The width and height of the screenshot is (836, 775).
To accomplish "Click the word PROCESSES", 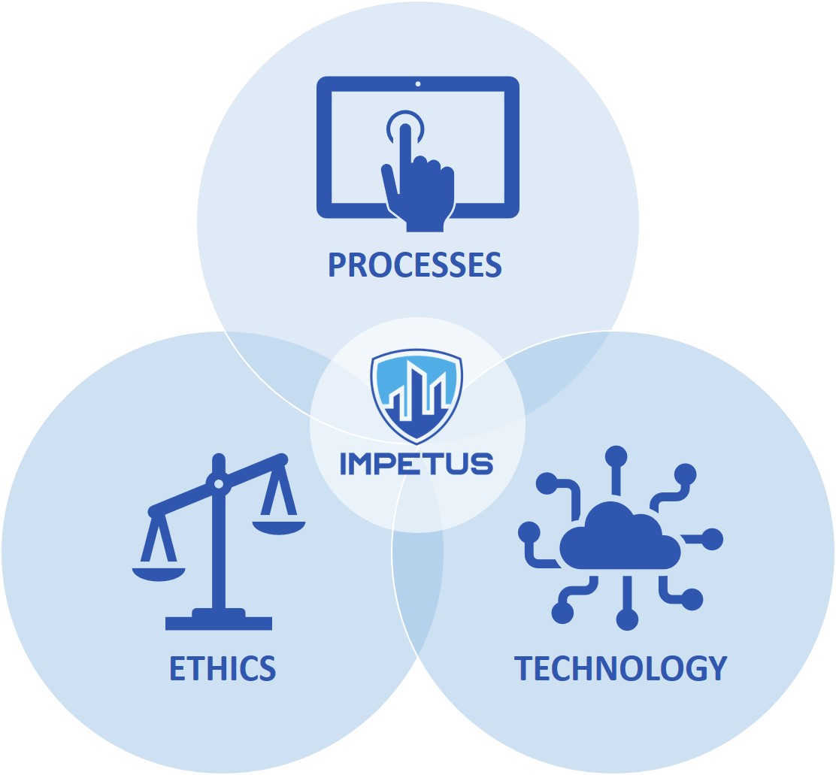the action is coord(415,265).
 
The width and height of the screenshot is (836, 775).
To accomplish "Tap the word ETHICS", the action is coord(223,668).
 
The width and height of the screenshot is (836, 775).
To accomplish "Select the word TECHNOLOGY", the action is coord(620,668).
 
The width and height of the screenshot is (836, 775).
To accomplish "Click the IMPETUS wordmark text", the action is coord(416,463).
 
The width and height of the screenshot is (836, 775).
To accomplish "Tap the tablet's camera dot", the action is coord(418,83).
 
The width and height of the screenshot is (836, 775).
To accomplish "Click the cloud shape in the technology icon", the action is coord(620,536).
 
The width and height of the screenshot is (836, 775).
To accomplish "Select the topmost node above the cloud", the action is coord(616,456).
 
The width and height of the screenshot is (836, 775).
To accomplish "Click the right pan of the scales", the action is coord(278,528).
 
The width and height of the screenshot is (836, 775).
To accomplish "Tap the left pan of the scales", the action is coord(159,574).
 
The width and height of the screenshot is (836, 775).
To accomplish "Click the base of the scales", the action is coord(219,619).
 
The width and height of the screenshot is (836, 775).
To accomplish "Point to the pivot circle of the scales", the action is coord(219,484).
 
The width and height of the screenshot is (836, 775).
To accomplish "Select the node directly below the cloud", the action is coord(627,619).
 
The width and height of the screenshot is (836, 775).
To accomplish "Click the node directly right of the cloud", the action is coord(712,539).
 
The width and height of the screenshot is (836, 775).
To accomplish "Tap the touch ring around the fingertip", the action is coord(405,127).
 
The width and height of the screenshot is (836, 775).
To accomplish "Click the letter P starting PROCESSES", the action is coord(338,265).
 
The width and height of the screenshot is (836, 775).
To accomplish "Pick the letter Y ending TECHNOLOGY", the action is coord(718,668).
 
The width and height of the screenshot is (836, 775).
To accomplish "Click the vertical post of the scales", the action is coord(219,533).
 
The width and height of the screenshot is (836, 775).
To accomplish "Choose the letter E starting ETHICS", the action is coord(177,668).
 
